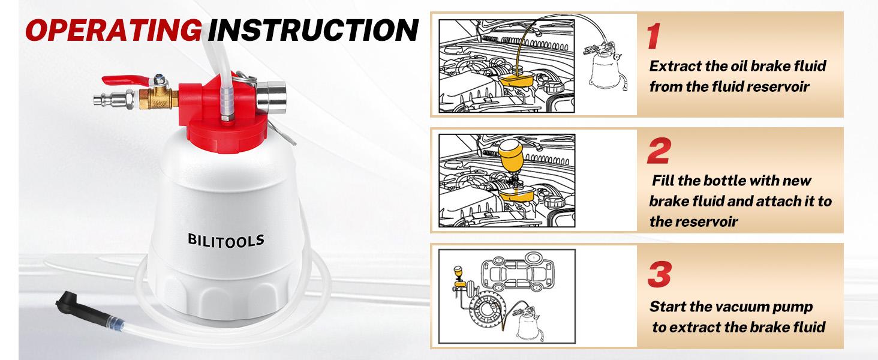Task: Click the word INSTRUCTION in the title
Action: [x=313, y=30]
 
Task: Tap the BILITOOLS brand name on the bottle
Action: [x=225, y=240]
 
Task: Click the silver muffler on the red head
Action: [x=271, y=98]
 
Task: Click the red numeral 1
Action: [x=654, y=36]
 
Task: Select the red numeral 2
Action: [x=659, y=151]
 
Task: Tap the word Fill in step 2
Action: [x=663, y=181]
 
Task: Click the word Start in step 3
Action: [x=667, y=306]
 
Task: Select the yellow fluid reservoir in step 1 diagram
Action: [x=516, y=80]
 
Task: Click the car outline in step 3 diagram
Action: [x=518, y=274]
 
